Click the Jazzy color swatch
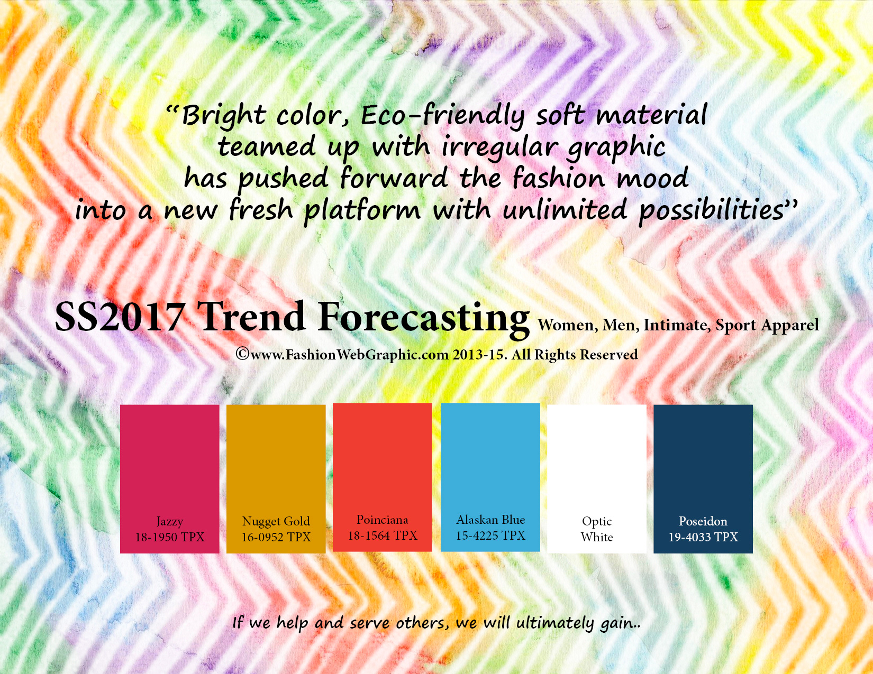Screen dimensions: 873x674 (x=169, y=478)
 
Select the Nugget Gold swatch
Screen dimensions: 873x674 (x=276, y=478)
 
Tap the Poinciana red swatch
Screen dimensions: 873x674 (x=383, y=477)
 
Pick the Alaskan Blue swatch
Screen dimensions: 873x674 (x=490, y=477)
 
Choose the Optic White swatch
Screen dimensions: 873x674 (x=597, y=478)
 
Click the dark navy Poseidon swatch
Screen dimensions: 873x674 (x=703, y=478)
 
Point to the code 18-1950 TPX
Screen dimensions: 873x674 (x=169, y=537)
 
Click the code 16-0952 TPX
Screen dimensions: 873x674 (x=276, y=537)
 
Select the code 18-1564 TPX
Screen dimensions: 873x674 (x=383, y=535)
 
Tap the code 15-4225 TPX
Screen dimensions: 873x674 (x=490, y=535)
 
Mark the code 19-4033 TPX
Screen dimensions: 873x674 (x=703, y=537)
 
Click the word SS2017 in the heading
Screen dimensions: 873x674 (x=120, y=317)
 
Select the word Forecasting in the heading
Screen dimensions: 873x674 (x=423, y=319)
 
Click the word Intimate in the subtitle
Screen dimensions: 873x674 (x=675, y=325)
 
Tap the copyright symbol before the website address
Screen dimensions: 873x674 (x=243, y=354)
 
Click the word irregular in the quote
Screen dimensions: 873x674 (x=499, y=147)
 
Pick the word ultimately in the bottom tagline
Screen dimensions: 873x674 (x=555, y=623)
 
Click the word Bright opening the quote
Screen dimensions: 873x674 (x=223, y=116)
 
